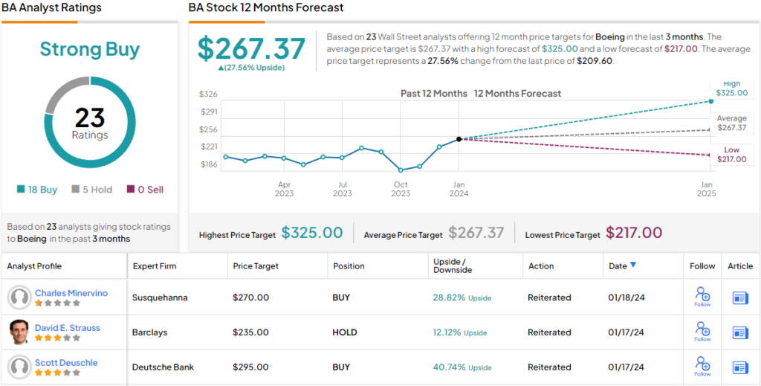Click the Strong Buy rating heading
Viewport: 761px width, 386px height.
pos(89,50)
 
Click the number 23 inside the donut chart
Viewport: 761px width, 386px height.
pos(89,118)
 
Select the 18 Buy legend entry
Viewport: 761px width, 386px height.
pos(37,190)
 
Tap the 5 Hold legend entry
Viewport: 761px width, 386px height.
pos(92,190)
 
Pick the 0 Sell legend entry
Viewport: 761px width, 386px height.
pos(146,190)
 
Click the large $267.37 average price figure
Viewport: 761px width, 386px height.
pos(251,48)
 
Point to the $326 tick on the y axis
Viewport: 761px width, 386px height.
pos(208,94)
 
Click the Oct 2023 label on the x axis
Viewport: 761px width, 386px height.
pos(401,189)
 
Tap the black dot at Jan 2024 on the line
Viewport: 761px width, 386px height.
pos(459,139)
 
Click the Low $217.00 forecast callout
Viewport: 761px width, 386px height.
pos(731,155)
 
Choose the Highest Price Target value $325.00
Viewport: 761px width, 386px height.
pos(312,234)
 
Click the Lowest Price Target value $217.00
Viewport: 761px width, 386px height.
pos(634,234)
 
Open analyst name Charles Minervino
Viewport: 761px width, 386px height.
pos(71,293)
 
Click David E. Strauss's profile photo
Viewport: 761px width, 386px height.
pos(19,332)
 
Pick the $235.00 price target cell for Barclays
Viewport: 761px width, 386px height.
pos(250,332)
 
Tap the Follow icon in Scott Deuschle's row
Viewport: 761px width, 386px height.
pos(702,365)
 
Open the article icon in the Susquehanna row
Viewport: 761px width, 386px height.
pos(740,297)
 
